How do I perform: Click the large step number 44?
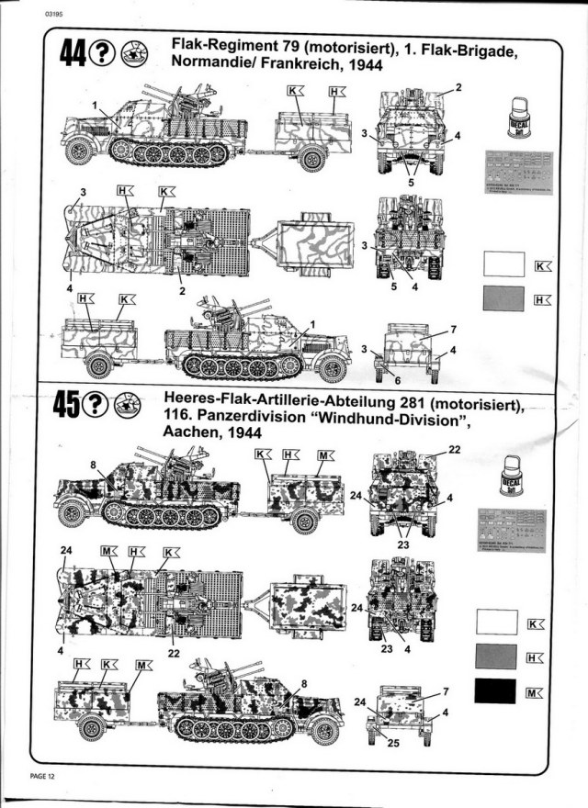click(74, 54)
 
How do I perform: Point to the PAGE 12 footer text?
click(42, 777)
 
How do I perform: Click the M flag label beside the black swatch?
click(534, 693)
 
